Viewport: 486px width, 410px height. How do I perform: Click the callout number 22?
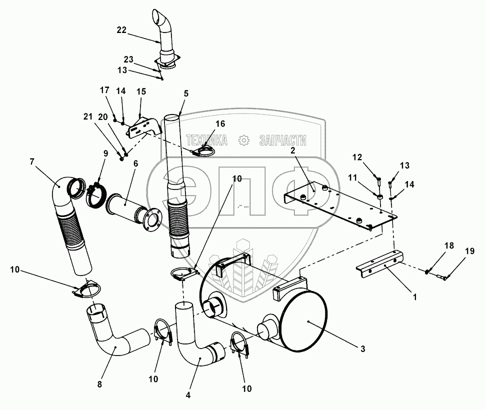121,30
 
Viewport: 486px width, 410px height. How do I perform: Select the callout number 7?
32,161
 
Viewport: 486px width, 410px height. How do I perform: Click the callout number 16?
220,124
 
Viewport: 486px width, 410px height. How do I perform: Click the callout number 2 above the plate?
292,150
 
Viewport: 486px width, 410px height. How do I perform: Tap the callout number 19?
470,251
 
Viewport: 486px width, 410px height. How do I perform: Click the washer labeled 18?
428,272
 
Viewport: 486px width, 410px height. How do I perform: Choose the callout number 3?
363,349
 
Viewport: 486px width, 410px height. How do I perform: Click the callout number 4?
188,395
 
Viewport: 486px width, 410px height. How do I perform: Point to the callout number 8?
99,384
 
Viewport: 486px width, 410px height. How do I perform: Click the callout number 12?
357,157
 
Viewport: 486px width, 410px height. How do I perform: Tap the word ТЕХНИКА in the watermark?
206,140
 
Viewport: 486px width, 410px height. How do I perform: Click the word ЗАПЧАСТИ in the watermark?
282,140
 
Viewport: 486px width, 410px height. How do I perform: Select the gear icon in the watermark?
244,140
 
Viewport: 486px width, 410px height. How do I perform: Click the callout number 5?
186,93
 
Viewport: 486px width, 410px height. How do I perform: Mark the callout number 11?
352,177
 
